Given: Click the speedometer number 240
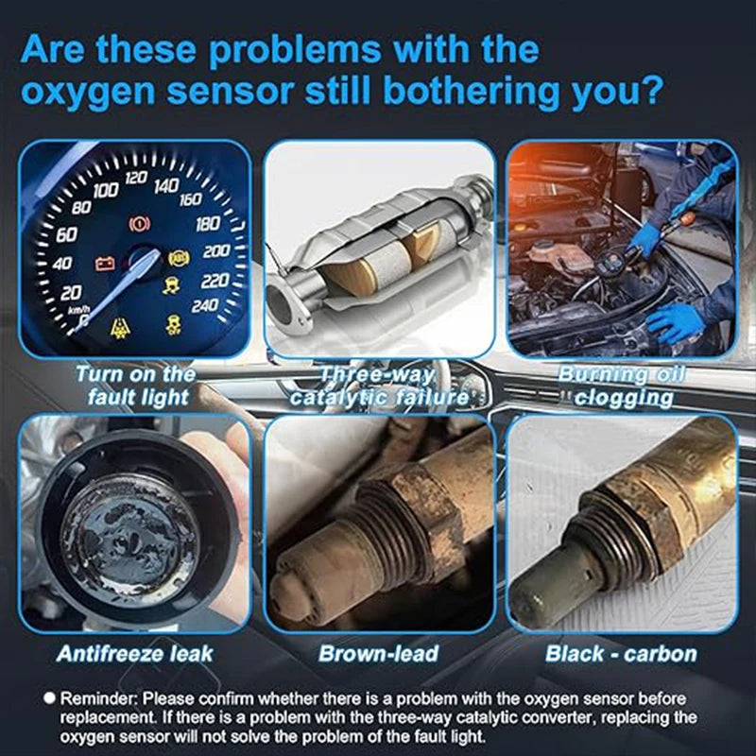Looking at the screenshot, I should [x=203, y=305].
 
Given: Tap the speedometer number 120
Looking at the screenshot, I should [x=135, y=178].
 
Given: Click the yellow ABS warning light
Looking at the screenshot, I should [x=177, y=257].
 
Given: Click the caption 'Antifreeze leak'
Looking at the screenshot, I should [x=134, y=653].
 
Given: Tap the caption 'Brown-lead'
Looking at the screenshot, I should [x=378, y=653].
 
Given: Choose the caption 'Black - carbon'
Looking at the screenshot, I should [x=621, y=653].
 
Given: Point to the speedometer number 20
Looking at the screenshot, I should [x=71, y=294].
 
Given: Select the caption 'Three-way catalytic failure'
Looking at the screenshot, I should [x=378, y=386].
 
